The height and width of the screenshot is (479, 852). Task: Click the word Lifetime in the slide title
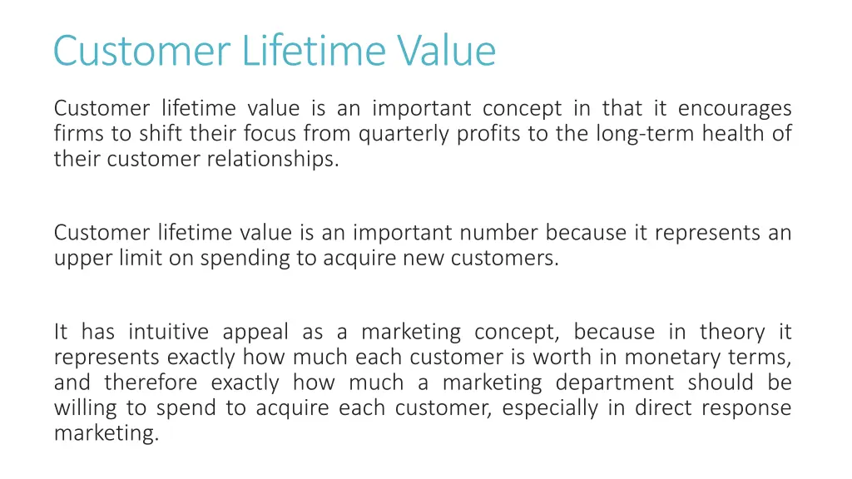click(x=315, y=51)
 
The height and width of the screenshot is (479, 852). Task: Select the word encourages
click(x=735, y=109)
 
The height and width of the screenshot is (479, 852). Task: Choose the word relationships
click(x=273, y=160)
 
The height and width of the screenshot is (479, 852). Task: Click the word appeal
click(x=255, y=333)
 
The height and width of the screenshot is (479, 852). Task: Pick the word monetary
click(x=671, y=358)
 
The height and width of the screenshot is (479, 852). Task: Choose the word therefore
click(x=151, y=383)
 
